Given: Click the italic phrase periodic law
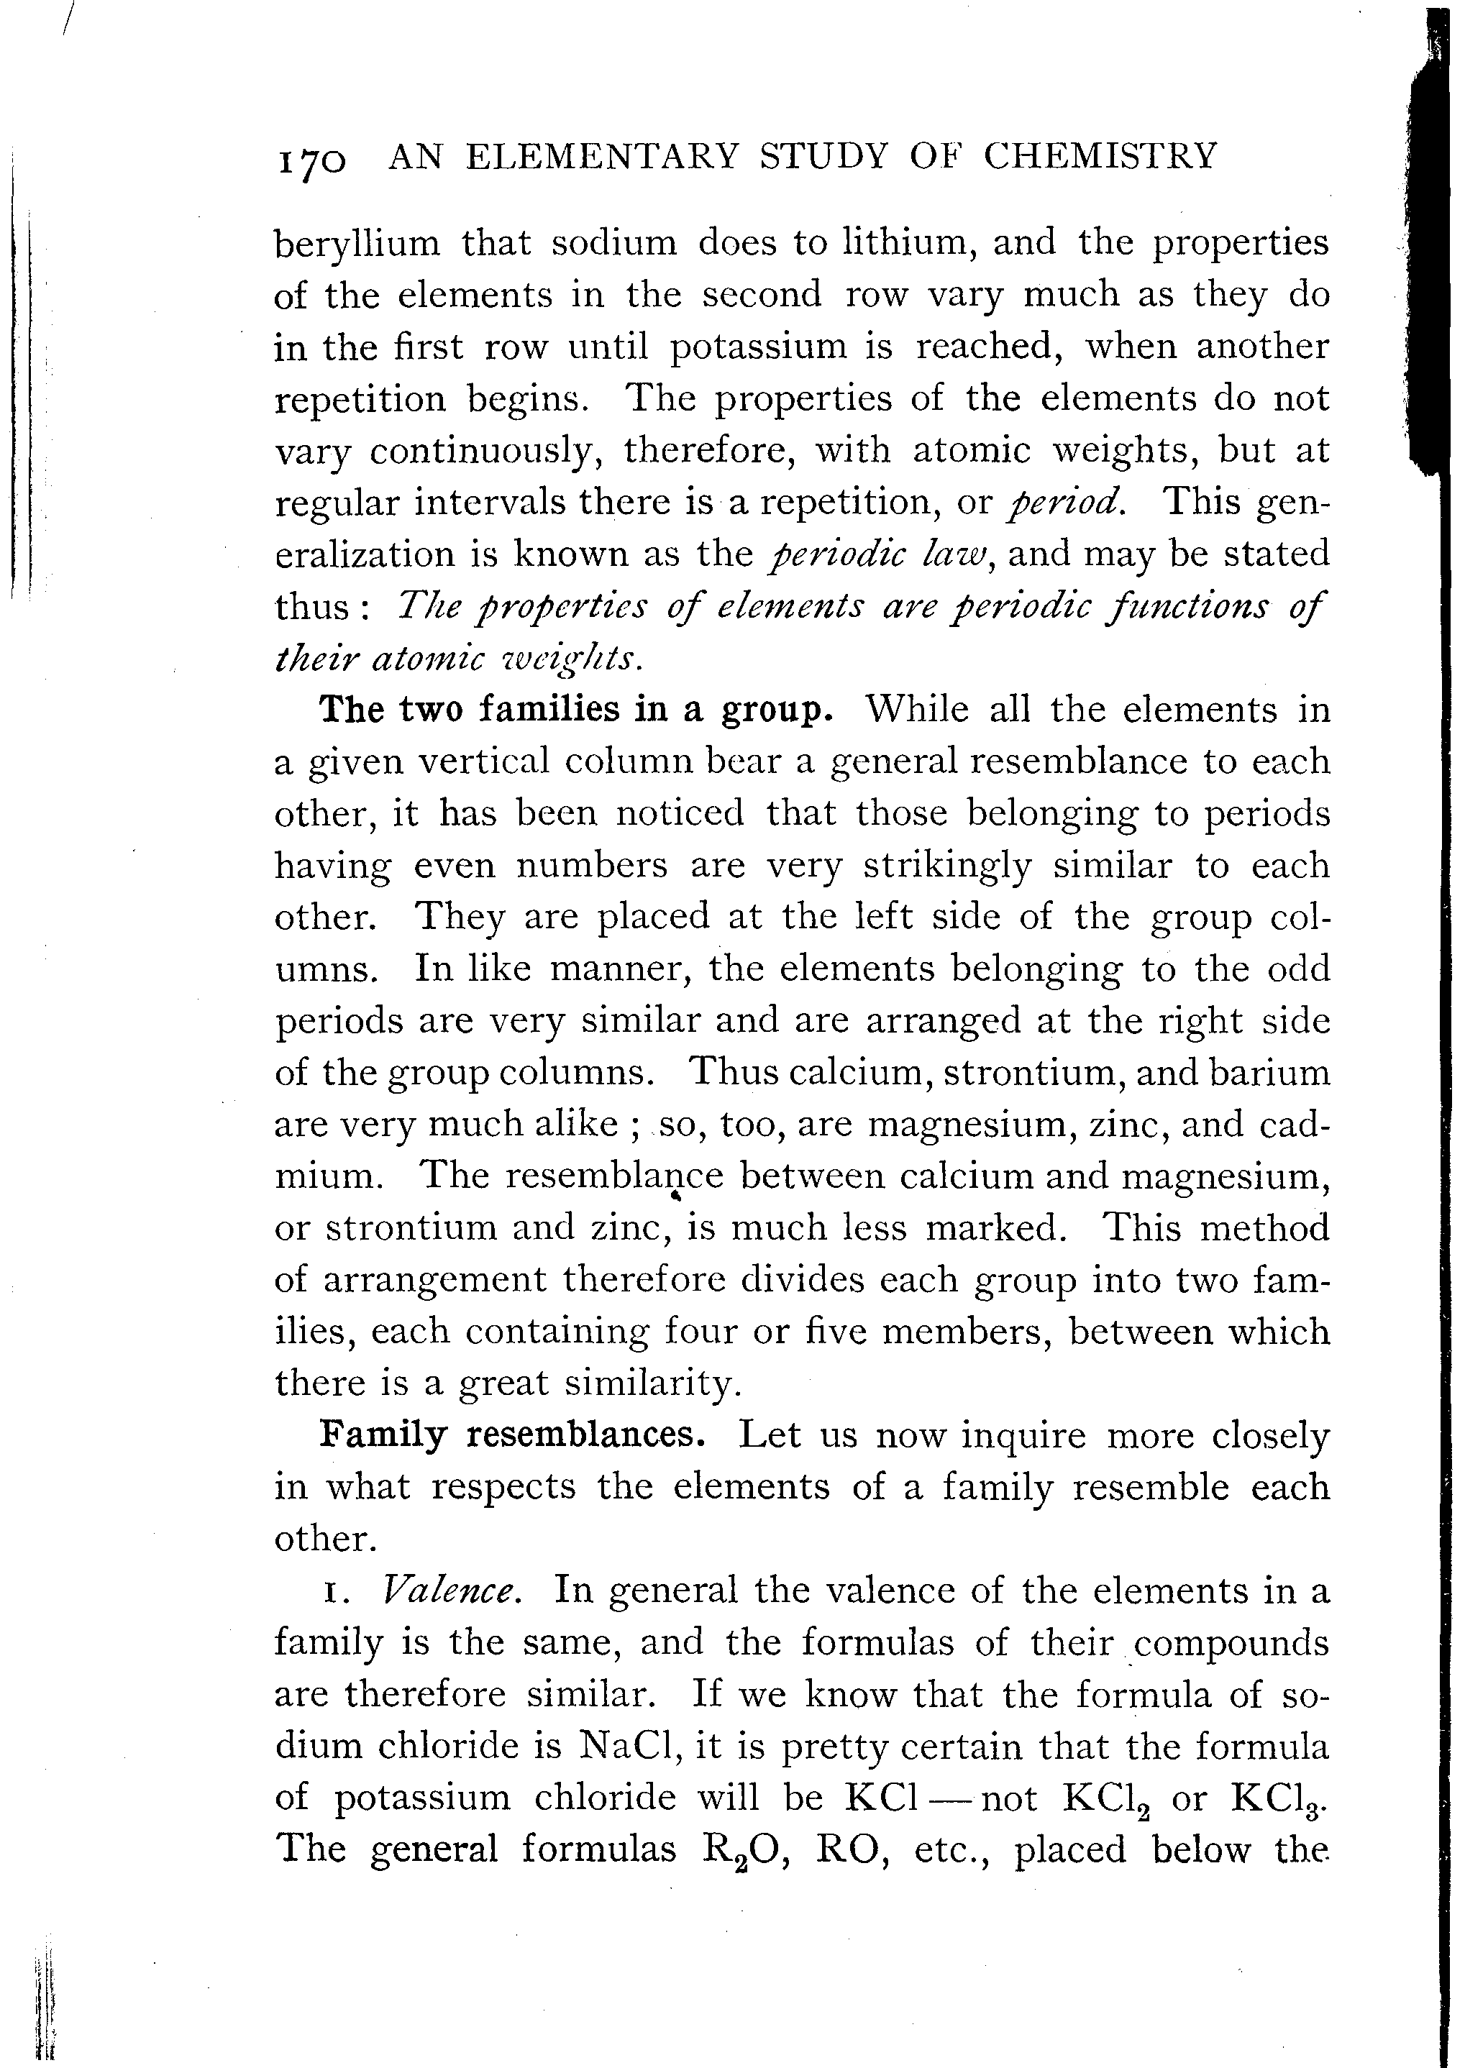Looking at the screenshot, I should point(880,554).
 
